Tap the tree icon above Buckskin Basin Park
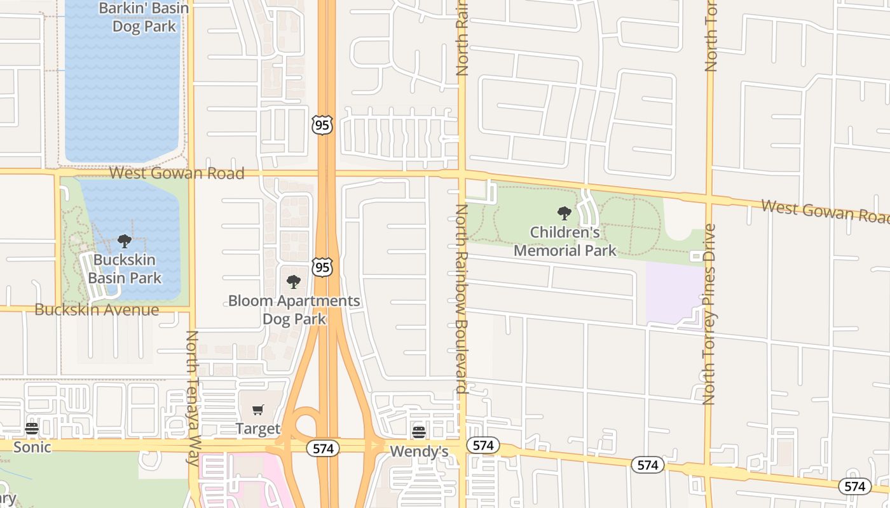(125, 241)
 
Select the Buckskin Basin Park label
(125, 269)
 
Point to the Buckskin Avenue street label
(97, 310)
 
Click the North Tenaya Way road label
(193, 399)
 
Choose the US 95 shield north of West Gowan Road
(322, 125)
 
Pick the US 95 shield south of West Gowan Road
(322, 267)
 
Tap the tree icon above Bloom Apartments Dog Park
(293, 281)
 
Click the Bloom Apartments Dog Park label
(294, 309)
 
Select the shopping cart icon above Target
(257, 410)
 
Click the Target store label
(258, 429)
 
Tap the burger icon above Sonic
(32, 429)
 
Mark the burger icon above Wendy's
(419, 432)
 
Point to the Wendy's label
(419, 451)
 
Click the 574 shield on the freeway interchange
(323, 448)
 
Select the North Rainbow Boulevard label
(462, 298)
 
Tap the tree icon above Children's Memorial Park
(564, 213)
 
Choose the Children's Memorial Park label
(565, 241)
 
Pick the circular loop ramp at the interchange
(306, 423)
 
